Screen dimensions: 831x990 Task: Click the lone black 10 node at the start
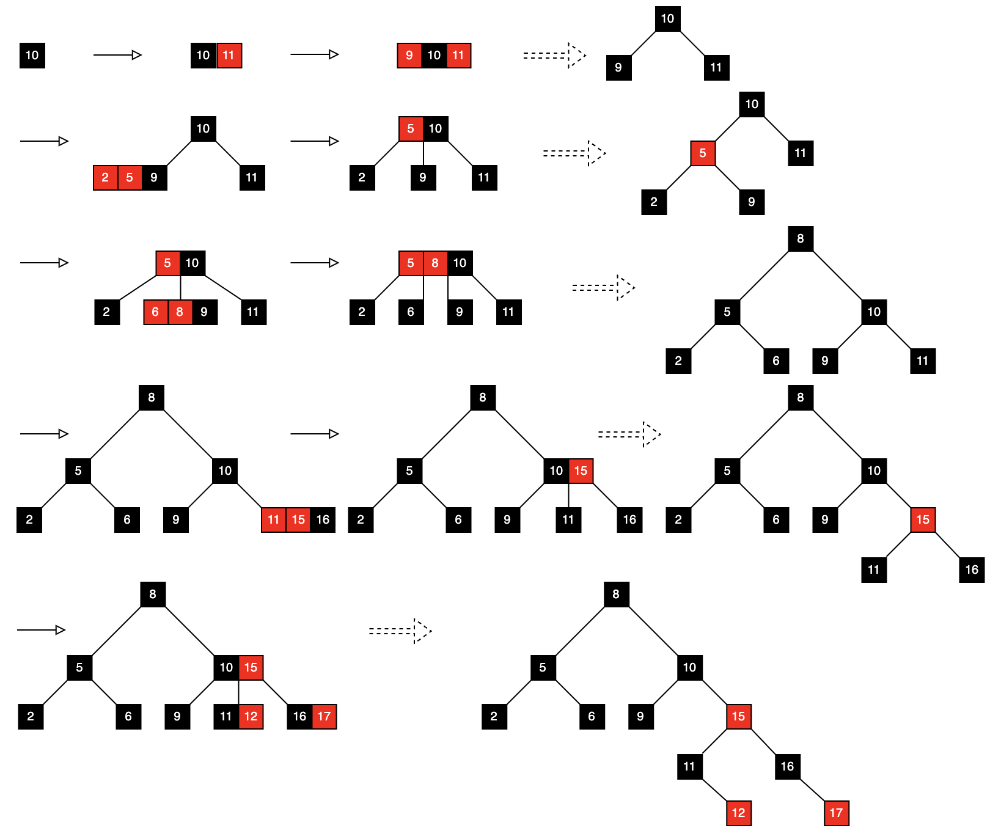[32, 56]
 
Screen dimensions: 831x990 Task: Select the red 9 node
[409, 56]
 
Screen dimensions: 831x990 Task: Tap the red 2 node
[105, 178]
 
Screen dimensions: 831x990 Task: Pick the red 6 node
[155, 312]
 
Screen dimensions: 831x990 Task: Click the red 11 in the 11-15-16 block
[273, 520]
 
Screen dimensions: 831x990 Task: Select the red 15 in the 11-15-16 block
[298, 520]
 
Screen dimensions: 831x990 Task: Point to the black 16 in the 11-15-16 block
[323, 520]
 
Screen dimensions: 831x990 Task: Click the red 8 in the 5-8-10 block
[435, 263]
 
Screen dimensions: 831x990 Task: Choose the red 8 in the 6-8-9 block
[180, 312]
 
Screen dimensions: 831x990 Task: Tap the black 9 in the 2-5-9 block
[154, 178]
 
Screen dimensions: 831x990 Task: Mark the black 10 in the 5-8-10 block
[460, 263]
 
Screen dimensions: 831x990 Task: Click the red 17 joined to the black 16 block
[324, 717]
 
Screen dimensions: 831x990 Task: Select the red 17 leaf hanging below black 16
[836, 813]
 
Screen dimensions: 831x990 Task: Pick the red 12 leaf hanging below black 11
[738, 813]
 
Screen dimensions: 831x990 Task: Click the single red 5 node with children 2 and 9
[703, 153]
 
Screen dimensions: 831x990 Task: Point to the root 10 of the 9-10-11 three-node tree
[667, 19]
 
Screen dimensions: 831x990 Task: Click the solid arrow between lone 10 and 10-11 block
[117, 55]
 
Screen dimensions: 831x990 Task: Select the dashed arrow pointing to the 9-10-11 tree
[554, 56]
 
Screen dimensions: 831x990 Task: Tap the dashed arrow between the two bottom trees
[400, 631]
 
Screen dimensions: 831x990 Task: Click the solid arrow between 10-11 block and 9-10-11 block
[314, 54]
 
